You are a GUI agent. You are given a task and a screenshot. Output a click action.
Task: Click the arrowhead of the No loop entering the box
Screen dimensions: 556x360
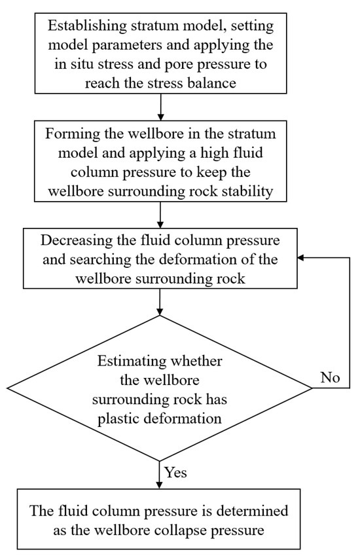[x=301, y=257]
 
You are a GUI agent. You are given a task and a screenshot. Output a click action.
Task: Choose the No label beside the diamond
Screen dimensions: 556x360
[x=330, y=377]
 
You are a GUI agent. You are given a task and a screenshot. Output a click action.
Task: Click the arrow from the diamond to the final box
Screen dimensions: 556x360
[x=160, y=475]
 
